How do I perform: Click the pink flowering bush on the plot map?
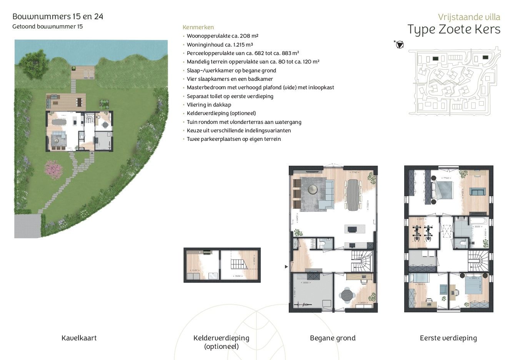tap(53, 170)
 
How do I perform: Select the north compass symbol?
tap(400, 45)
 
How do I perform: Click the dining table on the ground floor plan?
tap(353, 195)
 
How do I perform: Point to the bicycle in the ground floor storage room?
tap(302, 304)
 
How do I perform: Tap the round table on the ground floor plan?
tap(346, 296)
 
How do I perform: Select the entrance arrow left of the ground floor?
tap(286, 266)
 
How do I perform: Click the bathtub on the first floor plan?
tap(477, 221)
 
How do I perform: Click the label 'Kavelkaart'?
tap(79, 338)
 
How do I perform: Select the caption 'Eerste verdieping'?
tap(448, 338)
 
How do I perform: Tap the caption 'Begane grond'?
tap(333, 338)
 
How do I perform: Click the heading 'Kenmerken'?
tap(198, 27)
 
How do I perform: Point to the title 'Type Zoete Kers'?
tap(454, 30)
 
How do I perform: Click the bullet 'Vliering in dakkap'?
tap(209, 105)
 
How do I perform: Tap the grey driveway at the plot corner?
tap(27, 226)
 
